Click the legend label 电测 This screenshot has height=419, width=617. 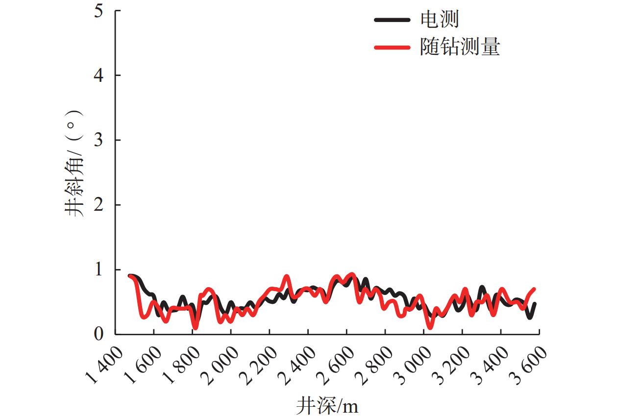click(440, 20)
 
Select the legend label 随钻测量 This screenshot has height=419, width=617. click(460, 48)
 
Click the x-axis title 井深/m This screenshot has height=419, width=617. click(327, 406)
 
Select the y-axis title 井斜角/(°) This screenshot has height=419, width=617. click(74, 164)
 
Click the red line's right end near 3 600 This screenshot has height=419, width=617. click(534, 289)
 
